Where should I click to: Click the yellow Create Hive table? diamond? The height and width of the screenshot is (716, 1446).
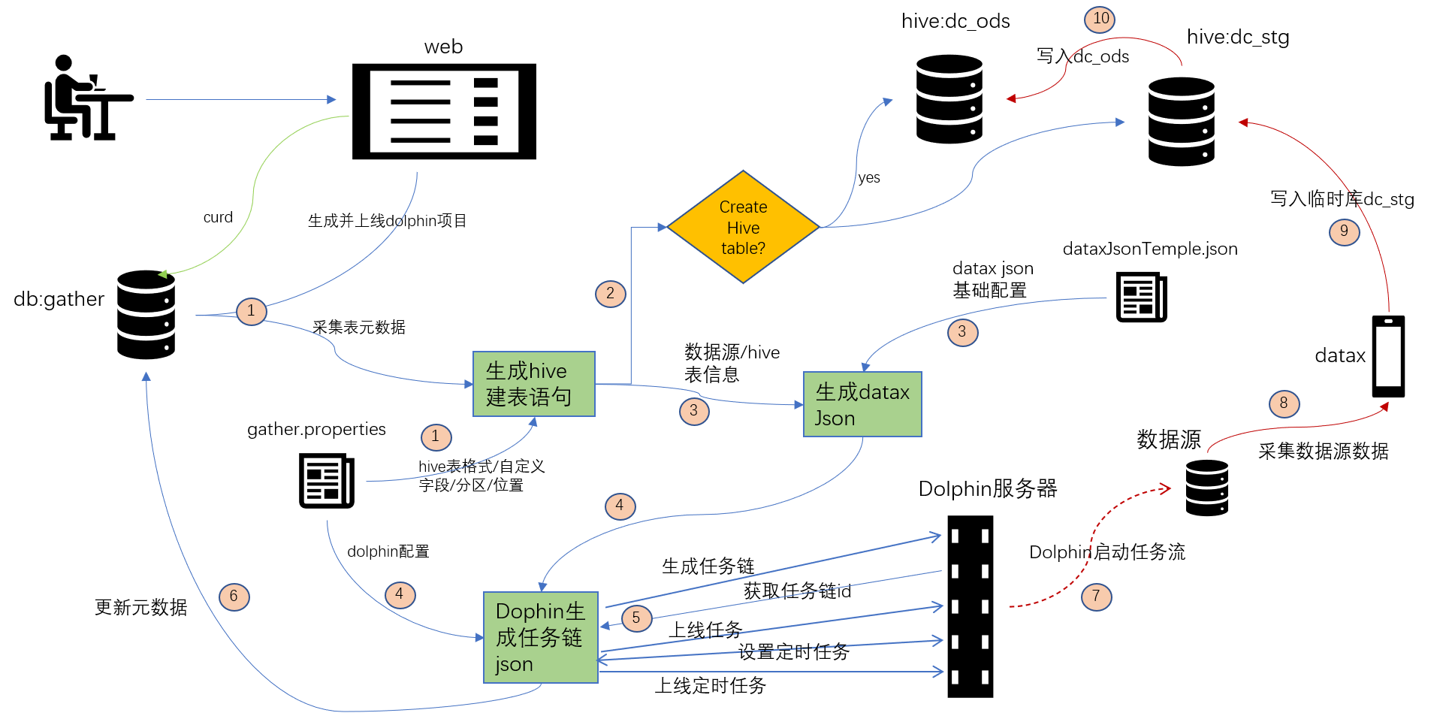743,227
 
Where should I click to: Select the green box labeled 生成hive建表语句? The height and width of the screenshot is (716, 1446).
533,384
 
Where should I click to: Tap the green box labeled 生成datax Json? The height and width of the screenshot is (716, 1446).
862,404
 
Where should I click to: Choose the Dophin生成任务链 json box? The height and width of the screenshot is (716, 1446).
540,637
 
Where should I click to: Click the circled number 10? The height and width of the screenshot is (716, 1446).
1100,19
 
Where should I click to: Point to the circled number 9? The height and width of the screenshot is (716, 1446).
1344,231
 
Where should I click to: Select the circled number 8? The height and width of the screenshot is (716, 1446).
1284,403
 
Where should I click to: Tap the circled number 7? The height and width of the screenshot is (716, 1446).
1096,597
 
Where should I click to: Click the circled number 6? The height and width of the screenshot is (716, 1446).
234,597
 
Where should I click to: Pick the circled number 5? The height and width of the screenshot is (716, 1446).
636,618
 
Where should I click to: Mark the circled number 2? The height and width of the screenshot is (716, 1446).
610,294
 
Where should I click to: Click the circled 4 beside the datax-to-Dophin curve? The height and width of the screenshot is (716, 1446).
620,506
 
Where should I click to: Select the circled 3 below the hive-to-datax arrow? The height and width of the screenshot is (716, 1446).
693,411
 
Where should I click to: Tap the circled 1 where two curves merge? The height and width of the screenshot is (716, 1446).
251,311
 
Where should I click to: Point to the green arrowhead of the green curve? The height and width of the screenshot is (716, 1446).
162,274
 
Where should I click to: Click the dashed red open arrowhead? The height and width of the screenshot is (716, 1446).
1166,489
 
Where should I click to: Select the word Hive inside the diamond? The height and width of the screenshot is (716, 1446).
743,228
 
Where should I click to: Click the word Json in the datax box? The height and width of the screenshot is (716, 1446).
835,418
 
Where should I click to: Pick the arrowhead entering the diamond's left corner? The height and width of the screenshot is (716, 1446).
663,227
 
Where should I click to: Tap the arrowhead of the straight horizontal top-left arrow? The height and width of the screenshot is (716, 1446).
331,99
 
